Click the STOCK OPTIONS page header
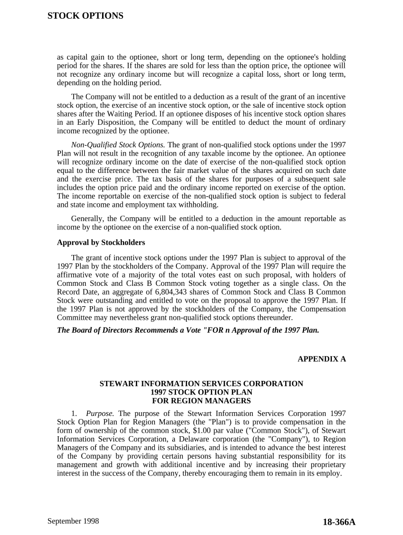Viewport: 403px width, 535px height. pyautogui.click(x=85, y=16)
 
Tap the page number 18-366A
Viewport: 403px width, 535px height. pyautogui.click(x=339, y=522)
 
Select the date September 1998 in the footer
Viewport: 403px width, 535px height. pyautogui.click(x=73, y=521)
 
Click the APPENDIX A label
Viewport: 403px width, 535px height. pyautogui.click(x=322, y=359)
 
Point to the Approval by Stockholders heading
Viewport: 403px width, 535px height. pyautogui.click(x=101, y=243)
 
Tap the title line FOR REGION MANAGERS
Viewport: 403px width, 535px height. pyautogui.click(x=201, y=401)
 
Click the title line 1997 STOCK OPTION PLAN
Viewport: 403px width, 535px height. pyautogui.click(x=201, y=392)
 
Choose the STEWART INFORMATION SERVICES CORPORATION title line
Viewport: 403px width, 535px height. pyautogui.click(x=201, y=383)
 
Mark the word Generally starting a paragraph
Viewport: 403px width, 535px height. pyautogui.click(x=87, y=219)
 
